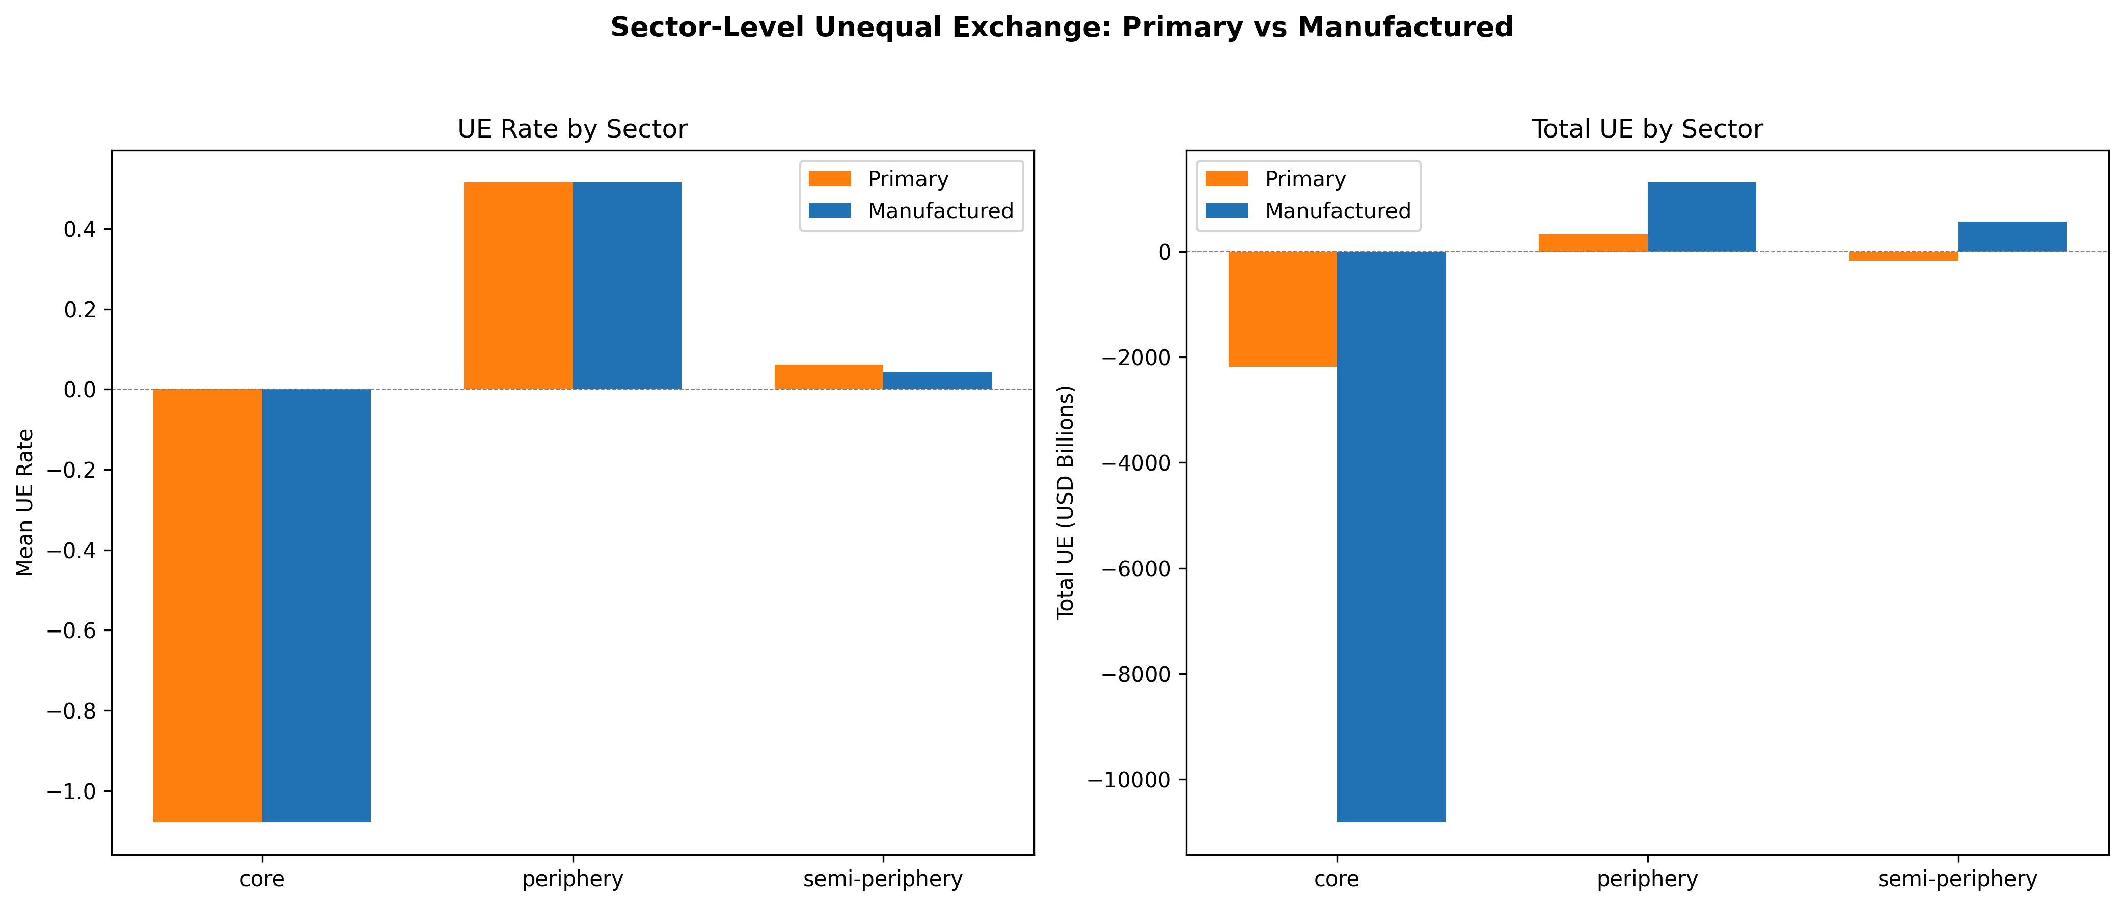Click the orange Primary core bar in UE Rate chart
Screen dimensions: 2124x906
pos(208,605)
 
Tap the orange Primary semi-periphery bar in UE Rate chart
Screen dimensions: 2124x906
pos(829,377)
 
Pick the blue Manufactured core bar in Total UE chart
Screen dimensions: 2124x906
pos(1391,537)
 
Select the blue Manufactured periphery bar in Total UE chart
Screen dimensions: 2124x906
pos(1702,217)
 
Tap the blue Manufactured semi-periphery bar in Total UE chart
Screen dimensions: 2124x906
pos(2012,237)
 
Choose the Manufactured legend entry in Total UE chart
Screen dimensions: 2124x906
pos(1308,211)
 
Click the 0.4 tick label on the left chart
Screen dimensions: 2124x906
pos(80,229)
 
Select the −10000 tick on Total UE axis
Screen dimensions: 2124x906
pos(1130,780)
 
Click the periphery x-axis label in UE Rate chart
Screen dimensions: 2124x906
pos(573,879)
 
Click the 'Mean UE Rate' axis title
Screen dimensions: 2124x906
pos(25,503)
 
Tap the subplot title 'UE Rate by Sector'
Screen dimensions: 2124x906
pos(573,129)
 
